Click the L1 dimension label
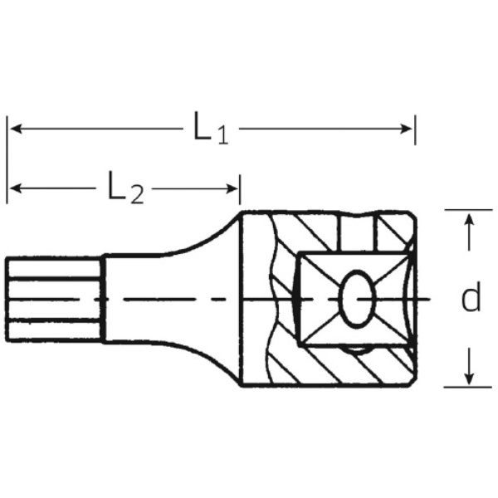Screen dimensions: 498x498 click(x=211, y=128)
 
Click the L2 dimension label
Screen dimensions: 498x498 click(x=126, y=188)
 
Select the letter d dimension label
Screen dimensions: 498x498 click(x=471, y=296)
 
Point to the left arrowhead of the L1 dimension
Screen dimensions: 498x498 click(x=16, y=129)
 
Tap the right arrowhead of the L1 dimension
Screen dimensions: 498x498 click(x=406, y=129)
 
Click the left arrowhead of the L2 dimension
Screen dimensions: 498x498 click(x=16, y=188)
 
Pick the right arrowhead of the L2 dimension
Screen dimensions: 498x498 click(x=232, y=188)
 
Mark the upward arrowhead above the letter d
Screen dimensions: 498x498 click(x=469, y=221)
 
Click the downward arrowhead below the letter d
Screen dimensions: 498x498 click(x=469, y=378)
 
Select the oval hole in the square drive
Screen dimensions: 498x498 click(x=357, y=299)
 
